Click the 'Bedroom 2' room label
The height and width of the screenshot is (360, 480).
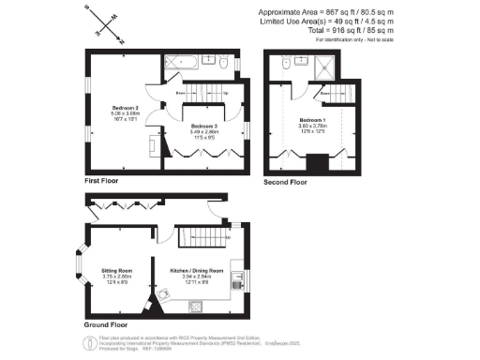(x=112, y=110)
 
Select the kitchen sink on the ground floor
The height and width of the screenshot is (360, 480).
(x=198, y=305)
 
